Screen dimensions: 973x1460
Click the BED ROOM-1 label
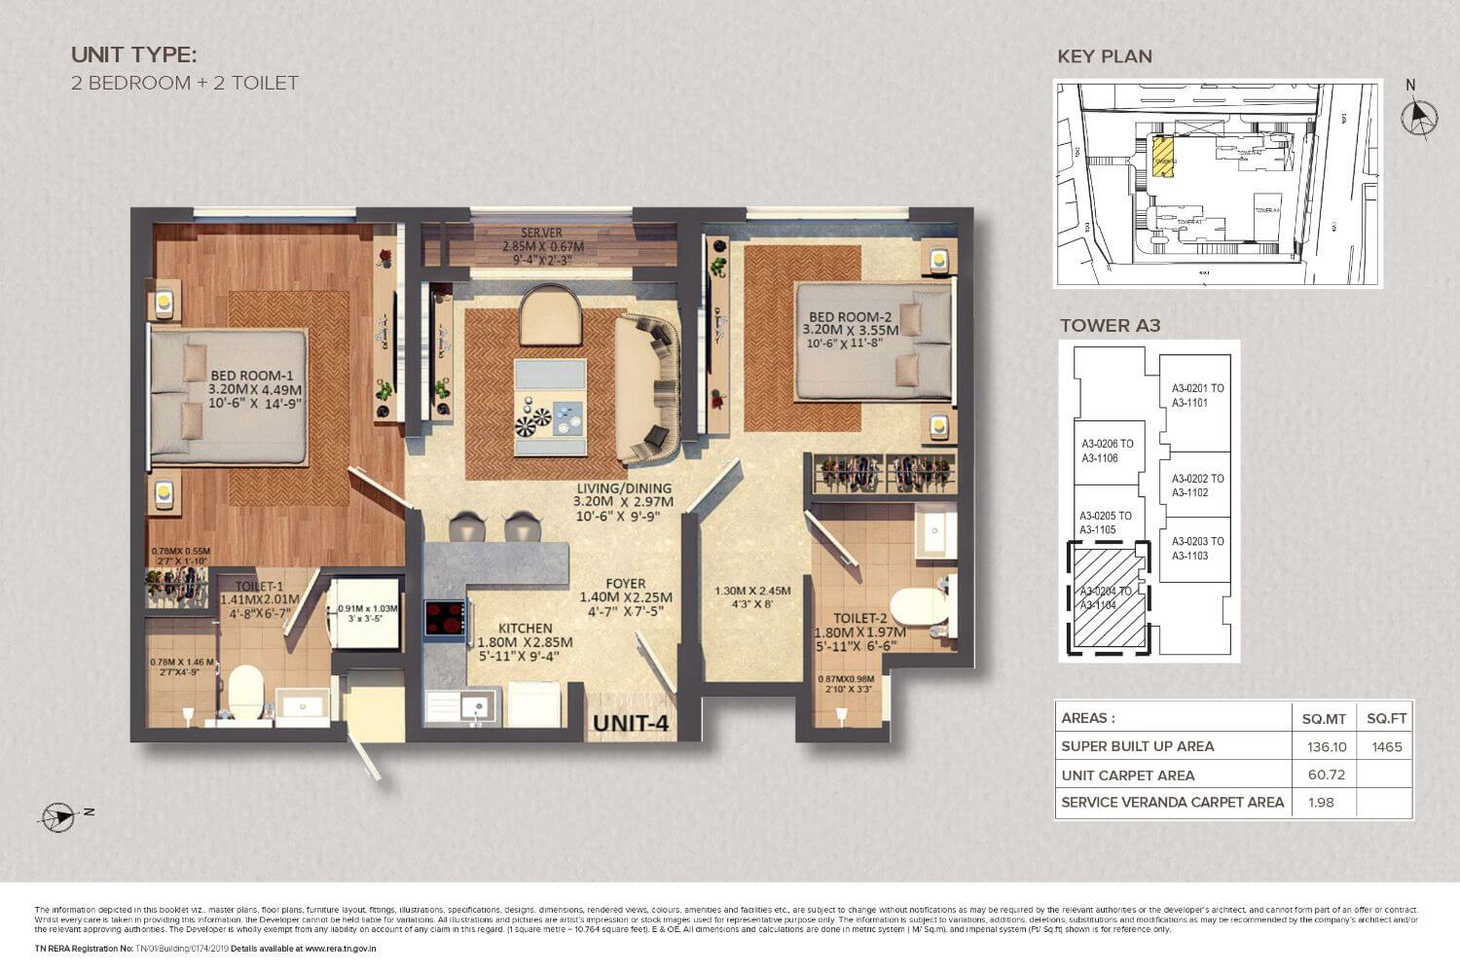(x=251, y=376)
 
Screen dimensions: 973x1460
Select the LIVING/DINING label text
(x=622, y=488)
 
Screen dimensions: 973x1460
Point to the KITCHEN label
(x=525, y=629)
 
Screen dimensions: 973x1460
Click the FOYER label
(x=626, y=584)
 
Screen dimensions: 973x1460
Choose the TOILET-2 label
(x=859, y=618)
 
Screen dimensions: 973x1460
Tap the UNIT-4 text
(x=631, y=723)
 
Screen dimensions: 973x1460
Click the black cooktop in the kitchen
(x=445, y=619)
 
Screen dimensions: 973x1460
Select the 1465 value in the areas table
(x=1386, y=746)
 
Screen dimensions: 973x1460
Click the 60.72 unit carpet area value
(x=1324, y=775)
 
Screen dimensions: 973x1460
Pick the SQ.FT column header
(x=1386, y=718)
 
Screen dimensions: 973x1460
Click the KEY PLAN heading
(x=1105, y=56)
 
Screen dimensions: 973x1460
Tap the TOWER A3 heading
(x=1110, y=325)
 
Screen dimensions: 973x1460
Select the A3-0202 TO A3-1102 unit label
(x=1197, y=486)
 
